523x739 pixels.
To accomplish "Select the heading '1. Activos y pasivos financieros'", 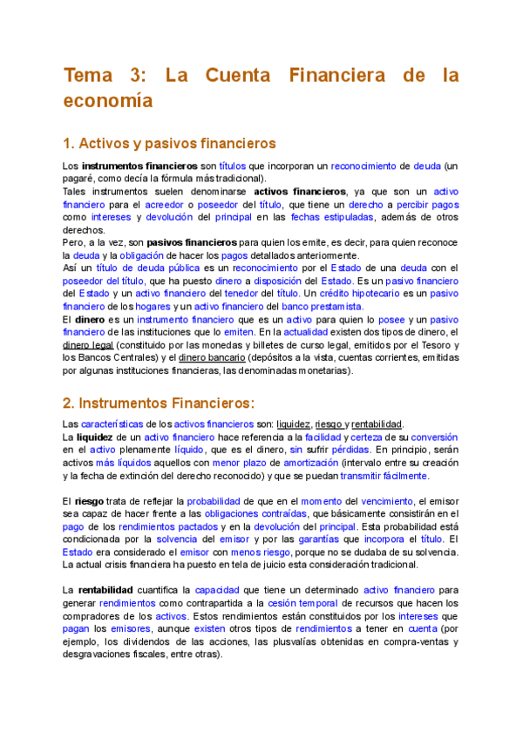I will pyautogui.click(x=170, y=143).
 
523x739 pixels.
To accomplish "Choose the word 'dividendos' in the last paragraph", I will pyautogui.click(x=135, y=642).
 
